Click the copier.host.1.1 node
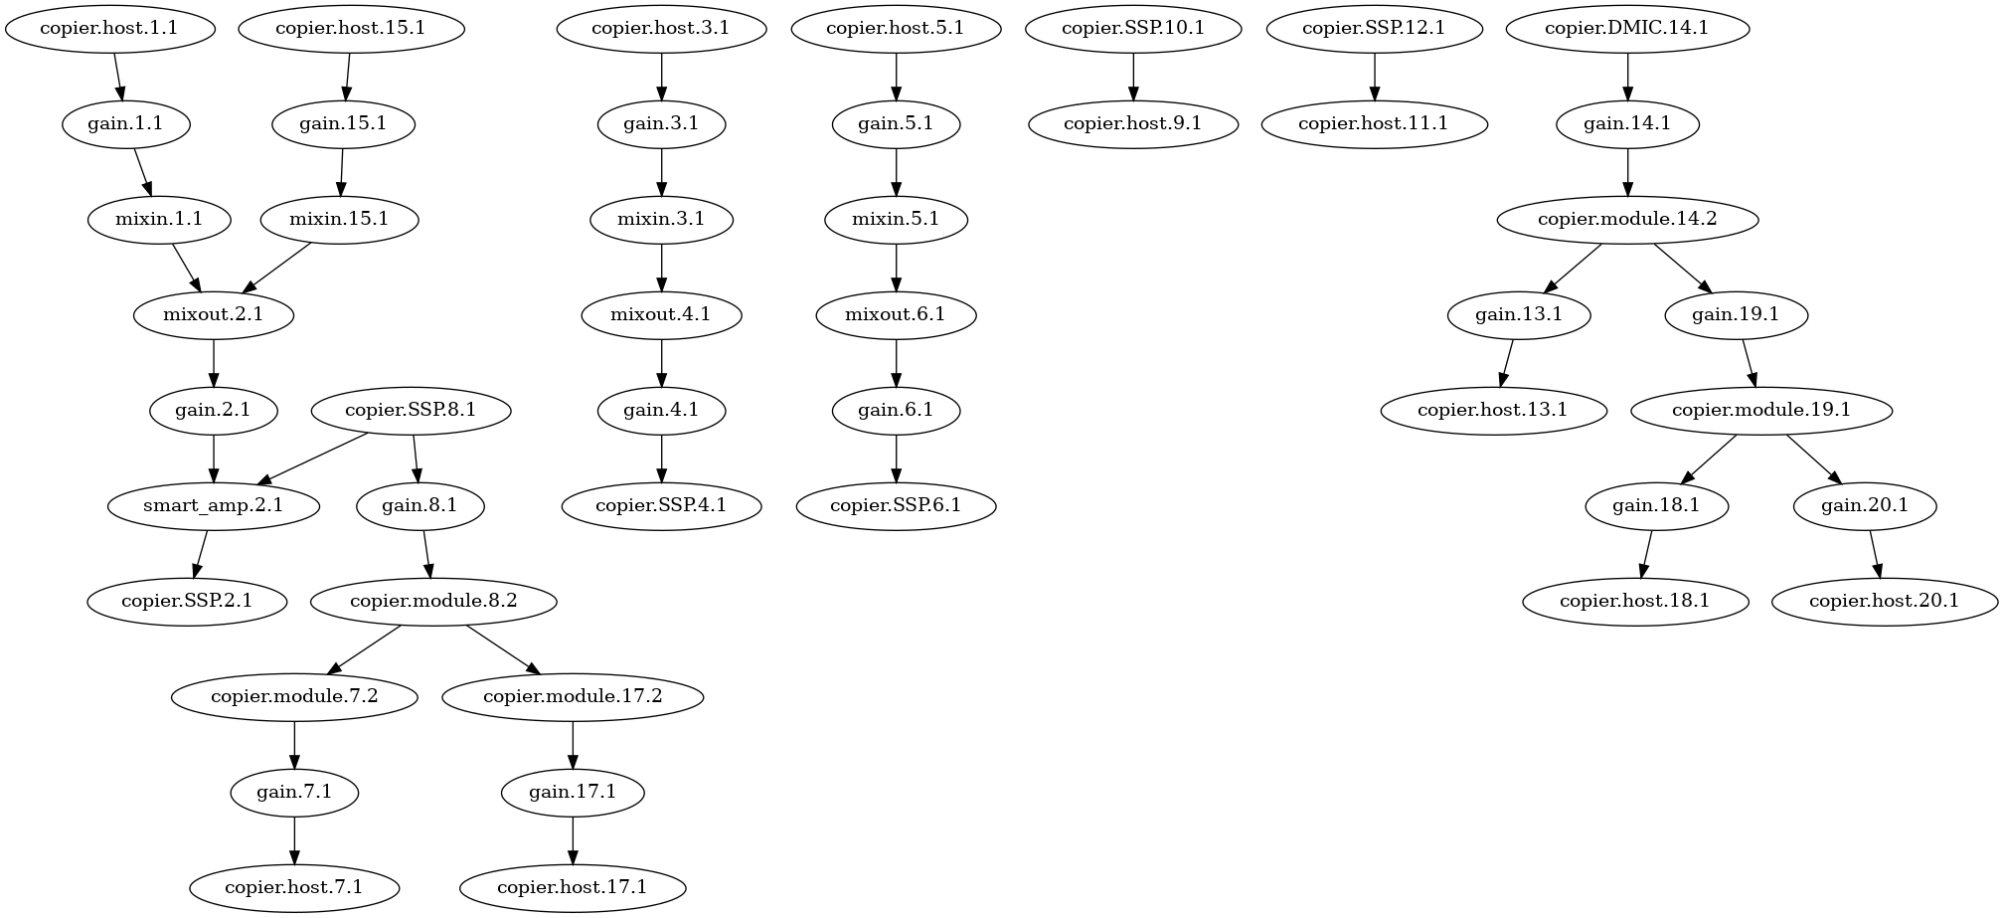coord(109,28)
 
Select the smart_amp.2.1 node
coord(213,505)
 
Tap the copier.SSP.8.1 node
coord(411,410)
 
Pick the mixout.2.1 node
coord(213,315)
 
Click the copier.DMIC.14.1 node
coord(1626,28)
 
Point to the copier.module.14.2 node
coord(1626,219)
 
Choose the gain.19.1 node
coord(1735,315)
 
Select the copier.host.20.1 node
coord(1883,601)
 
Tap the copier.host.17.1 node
coord(572,887)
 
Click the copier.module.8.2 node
coord(433,601)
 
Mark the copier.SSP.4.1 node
coord(661,505)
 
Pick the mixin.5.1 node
coord(896,219)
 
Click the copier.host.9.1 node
coord(1132,123)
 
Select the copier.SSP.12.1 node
coord(1374,28)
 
